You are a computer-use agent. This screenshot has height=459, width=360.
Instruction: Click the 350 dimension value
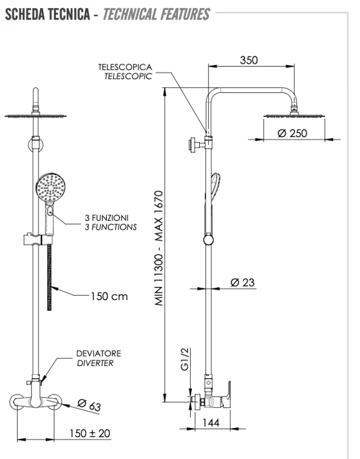click(249, 60)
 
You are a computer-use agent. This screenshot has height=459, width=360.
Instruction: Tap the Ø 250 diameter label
click(292, 133)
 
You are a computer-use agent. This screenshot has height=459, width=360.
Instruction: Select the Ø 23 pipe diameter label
click(242, 282)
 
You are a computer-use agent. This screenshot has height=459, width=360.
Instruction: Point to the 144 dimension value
click(211, 422)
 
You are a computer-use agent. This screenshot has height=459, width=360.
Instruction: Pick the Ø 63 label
click(89, 406)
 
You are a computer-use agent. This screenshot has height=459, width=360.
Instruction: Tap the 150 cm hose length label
click(109, 297)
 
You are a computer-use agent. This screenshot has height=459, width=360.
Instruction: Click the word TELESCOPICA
click(125, 67)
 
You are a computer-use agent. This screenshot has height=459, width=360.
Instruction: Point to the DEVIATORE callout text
click(99, 354)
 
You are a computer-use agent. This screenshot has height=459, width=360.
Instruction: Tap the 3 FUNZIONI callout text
click(106, 218)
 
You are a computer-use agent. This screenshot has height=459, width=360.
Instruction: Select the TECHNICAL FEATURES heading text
click(156, 14)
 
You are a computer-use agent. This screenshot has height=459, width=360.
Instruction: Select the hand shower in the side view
click(214, 189)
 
